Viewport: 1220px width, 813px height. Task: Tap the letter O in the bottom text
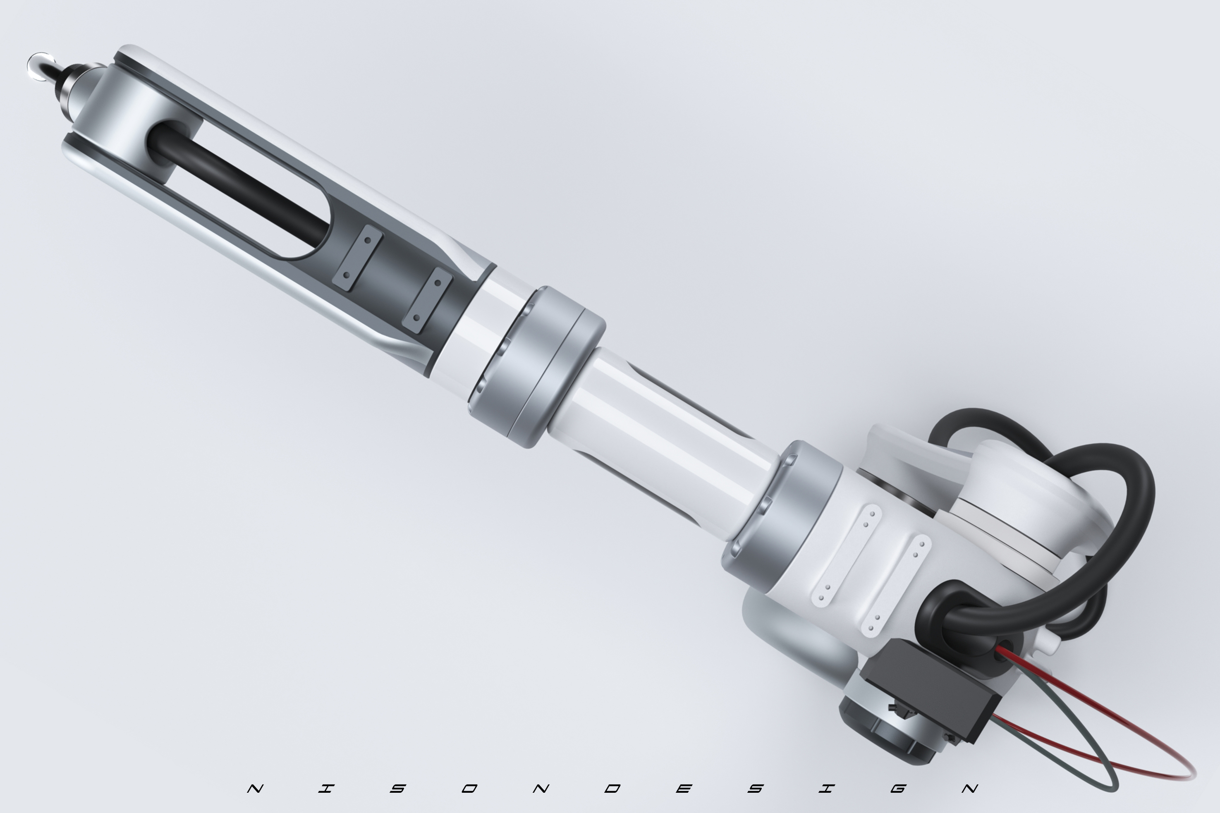469,789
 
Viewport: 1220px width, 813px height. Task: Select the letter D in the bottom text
612,789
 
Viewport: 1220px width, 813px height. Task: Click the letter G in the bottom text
898,789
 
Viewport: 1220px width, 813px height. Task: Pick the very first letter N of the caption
255,789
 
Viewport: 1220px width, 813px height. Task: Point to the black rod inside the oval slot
239,184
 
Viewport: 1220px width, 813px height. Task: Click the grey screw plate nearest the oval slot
357,257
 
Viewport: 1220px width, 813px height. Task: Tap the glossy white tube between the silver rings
664,441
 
